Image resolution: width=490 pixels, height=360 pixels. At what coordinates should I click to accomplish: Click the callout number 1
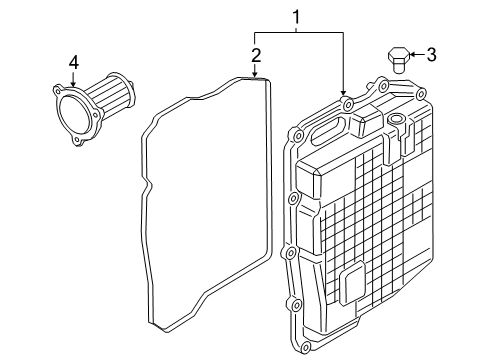(296, 17)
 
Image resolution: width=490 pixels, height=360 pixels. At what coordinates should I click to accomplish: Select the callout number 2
(256, 55)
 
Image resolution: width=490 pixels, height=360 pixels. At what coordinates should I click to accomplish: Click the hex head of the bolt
(397, 50)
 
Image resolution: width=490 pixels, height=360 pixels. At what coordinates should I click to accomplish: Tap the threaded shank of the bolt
(397, 65)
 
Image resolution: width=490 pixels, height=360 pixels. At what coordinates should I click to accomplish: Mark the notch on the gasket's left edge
(149, 189)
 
